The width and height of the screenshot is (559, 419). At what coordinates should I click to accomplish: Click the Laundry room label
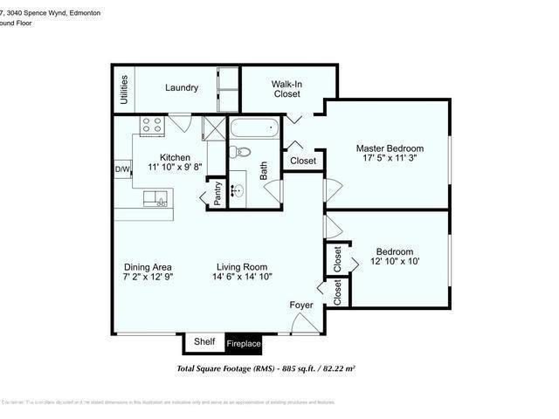click(182, 87)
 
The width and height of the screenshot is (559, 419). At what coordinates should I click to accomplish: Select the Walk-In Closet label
click(286, 88)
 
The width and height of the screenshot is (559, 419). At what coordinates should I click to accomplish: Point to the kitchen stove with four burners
click(152, 126)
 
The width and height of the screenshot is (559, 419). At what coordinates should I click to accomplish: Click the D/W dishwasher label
click(122, 169)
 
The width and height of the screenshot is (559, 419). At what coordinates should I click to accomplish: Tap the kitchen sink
click(154, 198)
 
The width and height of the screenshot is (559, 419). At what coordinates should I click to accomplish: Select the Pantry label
click(217, 193)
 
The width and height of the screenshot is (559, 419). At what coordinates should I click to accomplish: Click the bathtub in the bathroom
click(255, 132)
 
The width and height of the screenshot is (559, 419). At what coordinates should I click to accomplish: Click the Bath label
click(262, 169)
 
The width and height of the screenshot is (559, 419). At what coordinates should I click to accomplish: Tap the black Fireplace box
click(244, 344)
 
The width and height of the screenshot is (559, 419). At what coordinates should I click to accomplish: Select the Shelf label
click(204, 342)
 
